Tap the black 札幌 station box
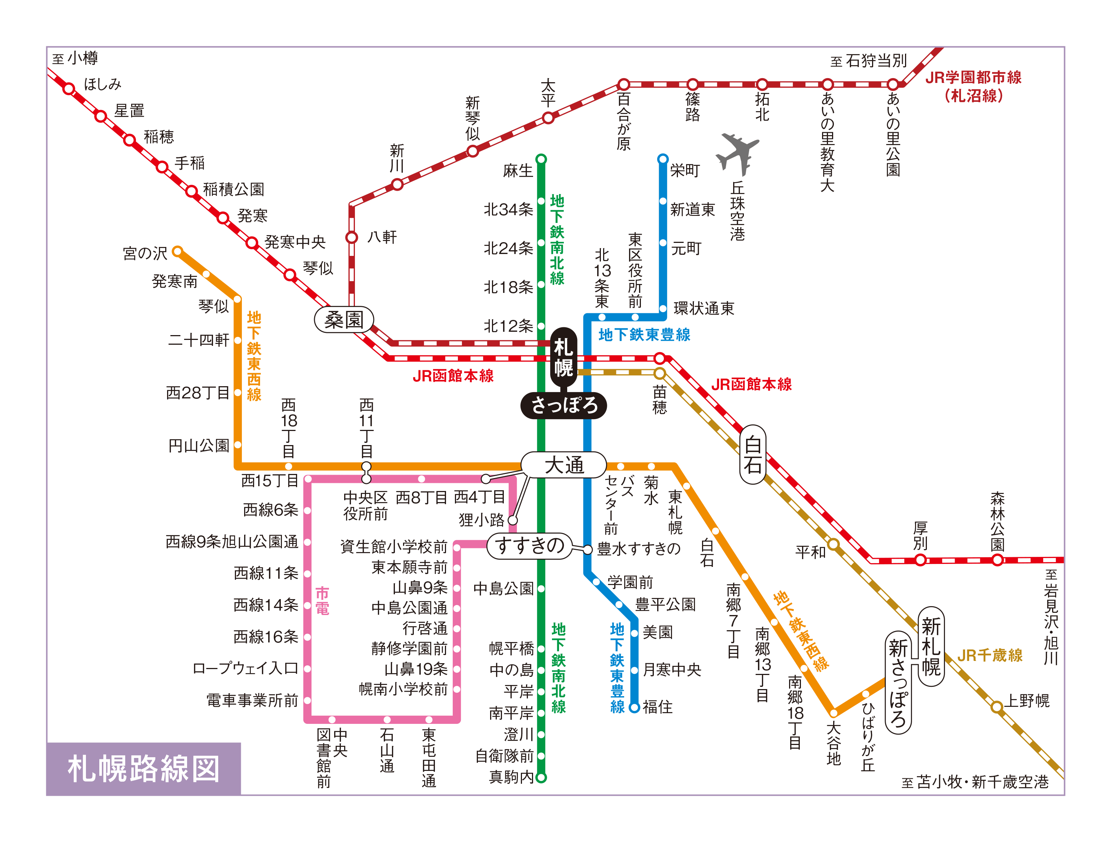pos(563,357)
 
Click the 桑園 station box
pos(344,319)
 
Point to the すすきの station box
pos(529,546)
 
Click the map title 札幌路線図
pos(144,768)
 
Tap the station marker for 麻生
pos(541,160)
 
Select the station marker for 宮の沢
pos(177,251)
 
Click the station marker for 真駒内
pos(541,777)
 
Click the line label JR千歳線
pos(989,655)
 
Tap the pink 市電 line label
pos(322,601)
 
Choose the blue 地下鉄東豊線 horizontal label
pos(644,335)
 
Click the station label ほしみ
pos(103,84)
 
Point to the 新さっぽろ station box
pos(898,682)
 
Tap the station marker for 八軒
pos(352,237)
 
